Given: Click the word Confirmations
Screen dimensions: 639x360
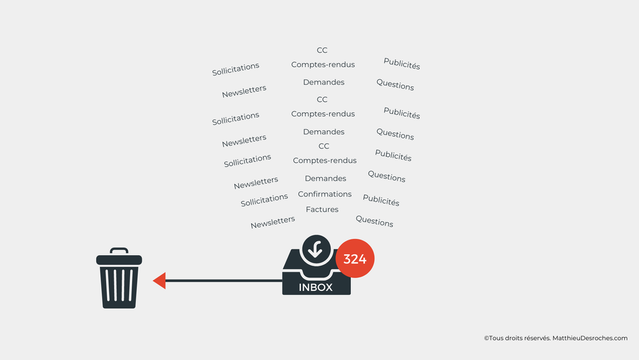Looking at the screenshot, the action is (325, 194).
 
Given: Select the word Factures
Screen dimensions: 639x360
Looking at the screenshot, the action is (322, 209).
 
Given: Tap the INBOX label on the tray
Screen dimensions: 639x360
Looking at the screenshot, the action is (316, 287).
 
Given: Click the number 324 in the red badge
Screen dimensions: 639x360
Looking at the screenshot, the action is (355, 259).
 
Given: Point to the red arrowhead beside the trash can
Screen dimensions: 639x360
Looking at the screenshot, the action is (159, 281).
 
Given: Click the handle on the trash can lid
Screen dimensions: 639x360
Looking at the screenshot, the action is (119, 251).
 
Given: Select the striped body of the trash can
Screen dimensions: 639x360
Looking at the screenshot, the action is (119, 286).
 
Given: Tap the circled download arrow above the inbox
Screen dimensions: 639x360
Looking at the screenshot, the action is (316, 249).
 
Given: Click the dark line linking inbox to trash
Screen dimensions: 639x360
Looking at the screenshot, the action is (224, 281).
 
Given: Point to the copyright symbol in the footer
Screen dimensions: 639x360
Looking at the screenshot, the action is (486, 338).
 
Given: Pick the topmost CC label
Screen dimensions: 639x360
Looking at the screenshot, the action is (322, 50).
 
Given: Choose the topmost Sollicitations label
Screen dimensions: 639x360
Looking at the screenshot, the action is (236, 69).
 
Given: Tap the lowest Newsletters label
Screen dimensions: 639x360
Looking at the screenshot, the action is (273, 222).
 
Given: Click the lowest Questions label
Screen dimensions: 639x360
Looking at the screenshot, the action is (374, 221).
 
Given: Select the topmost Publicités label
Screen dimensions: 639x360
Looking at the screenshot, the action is (402, 63).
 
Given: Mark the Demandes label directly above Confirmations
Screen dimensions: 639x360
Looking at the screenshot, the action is (325, 178).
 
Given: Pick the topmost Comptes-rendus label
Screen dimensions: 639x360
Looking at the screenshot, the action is (323, 65).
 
